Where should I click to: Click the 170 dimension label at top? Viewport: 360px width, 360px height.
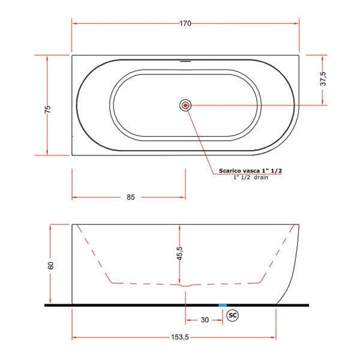tap(185, 23)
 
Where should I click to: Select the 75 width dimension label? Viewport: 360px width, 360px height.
tap(47, 109)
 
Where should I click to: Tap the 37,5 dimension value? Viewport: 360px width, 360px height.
tap(323, 79)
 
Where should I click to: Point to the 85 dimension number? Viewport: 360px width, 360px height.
tap(131, 197)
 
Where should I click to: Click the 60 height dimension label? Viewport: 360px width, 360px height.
tap(51, 265)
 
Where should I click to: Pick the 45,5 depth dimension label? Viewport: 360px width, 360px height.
tap(179, 253)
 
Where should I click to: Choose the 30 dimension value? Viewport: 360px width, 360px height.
tap(205, 320)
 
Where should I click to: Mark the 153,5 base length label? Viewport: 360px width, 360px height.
tap(180, 337)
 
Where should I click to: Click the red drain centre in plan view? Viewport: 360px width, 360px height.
tap(185, 106)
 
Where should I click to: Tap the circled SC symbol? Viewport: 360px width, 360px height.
tap(233, 315)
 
